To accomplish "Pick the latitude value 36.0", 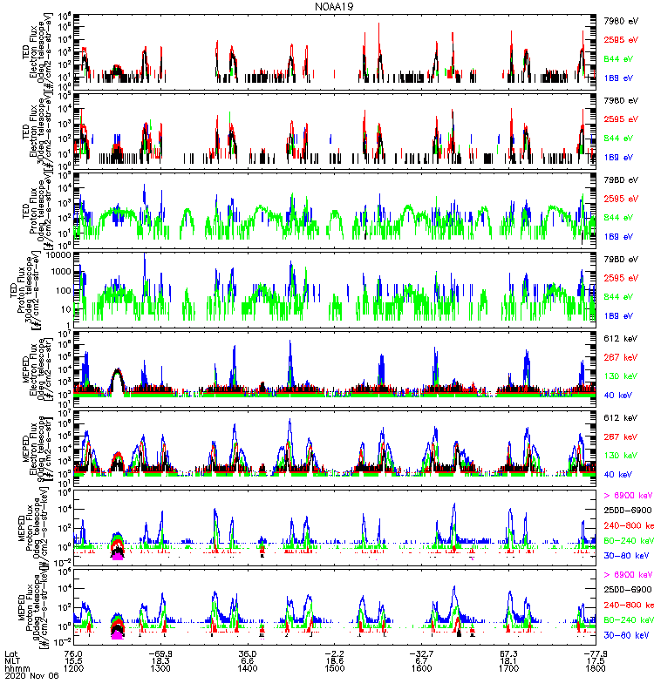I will pos(248,653).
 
